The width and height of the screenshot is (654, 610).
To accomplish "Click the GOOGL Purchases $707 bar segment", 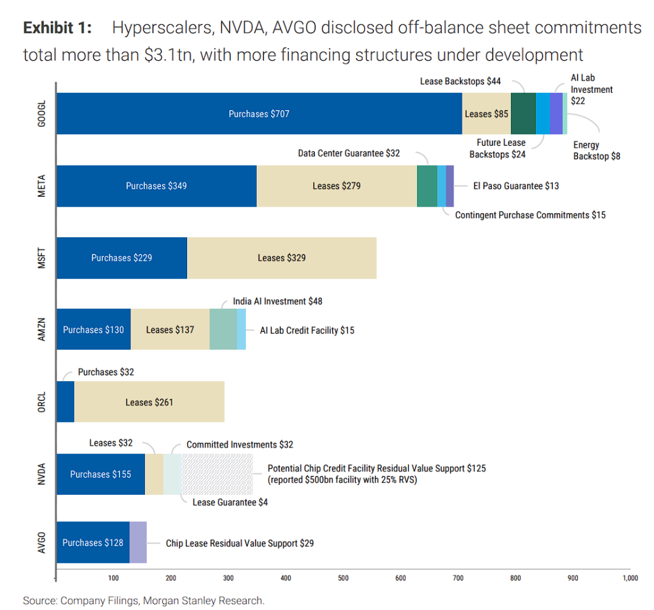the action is (x=259, y=114).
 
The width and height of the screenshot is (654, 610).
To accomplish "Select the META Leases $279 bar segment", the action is (x=337, y=186).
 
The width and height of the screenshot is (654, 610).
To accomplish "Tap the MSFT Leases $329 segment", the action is (x=282, y=258).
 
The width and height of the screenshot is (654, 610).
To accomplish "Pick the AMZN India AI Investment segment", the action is (x=223, y=329).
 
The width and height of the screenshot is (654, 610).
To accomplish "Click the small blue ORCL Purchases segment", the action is (x=66, y=402).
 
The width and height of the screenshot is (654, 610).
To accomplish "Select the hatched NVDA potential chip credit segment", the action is (x=217, y=474).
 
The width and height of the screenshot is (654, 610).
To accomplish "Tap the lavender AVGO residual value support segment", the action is (x=138, y=542).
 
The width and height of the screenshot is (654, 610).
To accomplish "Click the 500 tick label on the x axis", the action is (x=343, y=578).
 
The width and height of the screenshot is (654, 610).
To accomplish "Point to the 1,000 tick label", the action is (x=630, y=578).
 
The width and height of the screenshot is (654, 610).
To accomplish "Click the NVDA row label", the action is (x=42, y=474).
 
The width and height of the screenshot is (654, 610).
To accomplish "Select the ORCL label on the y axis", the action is (x=42, y=402).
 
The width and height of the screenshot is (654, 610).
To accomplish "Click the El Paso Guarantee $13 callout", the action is (x=516, y=186).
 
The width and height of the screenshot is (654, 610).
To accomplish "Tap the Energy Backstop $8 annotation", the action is (x=597, y=150).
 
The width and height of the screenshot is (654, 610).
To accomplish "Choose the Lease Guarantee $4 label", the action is (x=230, y=503).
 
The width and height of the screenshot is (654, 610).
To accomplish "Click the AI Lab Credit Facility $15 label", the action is (x=307, y=331).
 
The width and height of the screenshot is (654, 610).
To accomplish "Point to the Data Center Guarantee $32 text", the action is (x=349, y=153).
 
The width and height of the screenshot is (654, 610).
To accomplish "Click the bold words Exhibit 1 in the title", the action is (x=57, y=27).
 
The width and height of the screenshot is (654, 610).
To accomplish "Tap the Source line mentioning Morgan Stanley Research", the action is (x=144, y=600).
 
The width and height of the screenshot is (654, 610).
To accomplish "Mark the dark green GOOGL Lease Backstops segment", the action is (x=523, y=114).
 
